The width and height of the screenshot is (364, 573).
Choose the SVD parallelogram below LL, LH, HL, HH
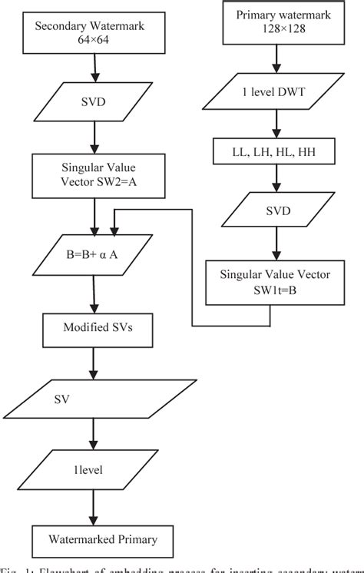tap(272, 210)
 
